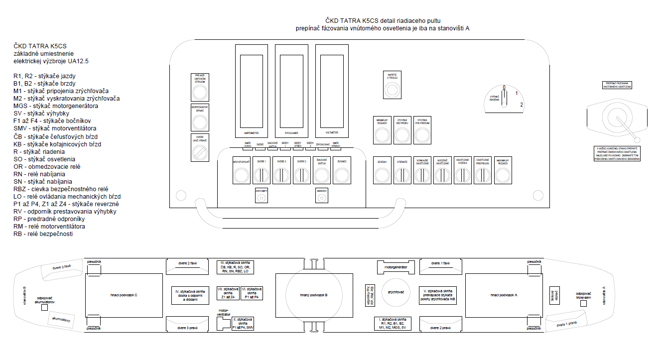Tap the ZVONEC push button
[x=342, y=175]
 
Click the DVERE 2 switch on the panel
[x=282, y=175]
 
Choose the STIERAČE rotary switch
[x=402, y=175]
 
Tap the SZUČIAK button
[x=382, y=175]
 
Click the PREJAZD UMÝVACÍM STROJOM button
[x=199, y=92]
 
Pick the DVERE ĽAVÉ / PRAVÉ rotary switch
[x=199, y=153]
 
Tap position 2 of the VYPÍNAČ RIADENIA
[x=521, y=105]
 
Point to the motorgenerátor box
[x=396, y=267]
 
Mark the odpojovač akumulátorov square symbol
[x=45, y=308]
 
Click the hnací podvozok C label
[x=124, y=295]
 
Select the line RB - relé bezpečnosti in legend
[x=43, y=234]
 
